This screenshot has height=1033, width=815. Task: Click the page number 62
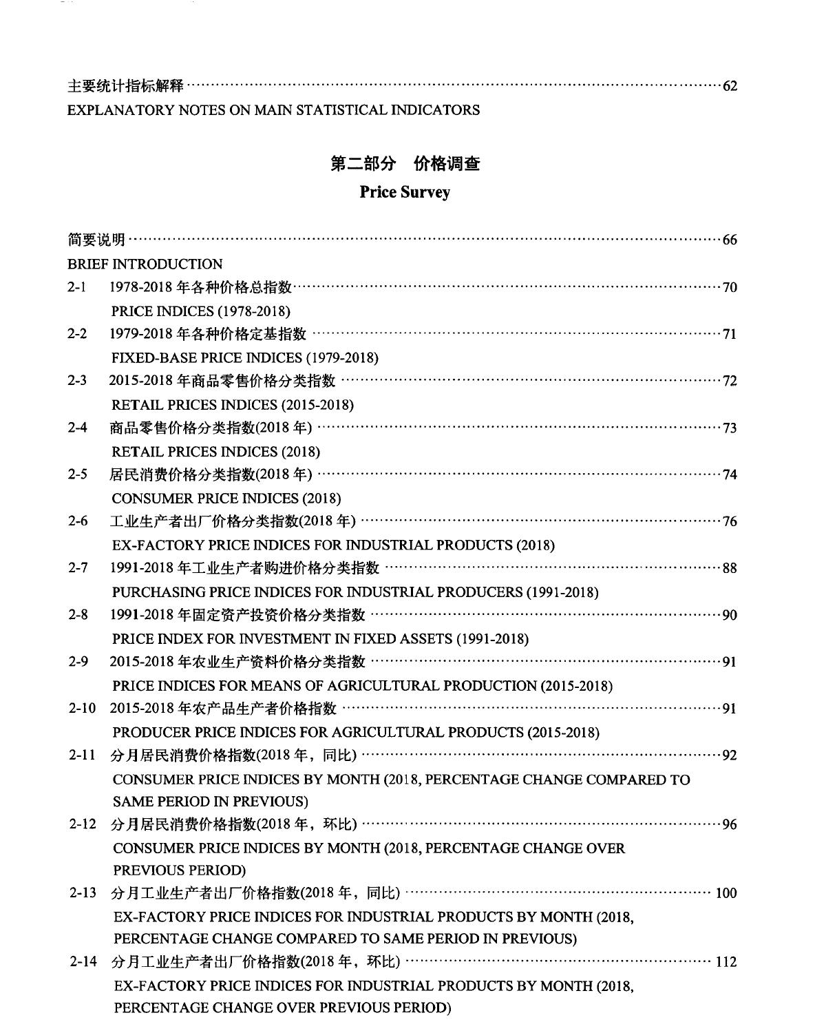click(730, 87)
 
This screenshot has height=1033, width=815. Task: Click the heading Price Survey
click(405, 192)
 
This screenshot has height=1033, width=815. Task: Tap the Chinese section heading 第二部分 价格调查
click(405, 164)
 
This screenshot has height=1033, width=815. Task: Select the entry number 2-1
click(76, 287)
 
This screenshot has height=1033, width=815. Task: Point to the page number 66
click(730, 240)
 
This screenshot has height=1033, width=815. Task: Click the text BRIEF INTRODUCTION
click(145, 264)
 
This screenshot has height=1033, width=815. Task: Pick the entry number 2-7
click(77, 568)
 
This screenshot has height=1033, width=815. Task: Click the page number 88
click(730, 568)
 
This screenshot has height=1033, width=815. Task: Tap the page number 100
click(726, 893)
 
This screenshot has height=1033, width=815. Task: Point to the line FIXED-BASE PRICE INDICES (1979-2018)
click(245, 358)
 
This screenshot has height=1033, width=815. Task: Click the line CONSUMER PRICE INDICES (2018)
click(226, 499)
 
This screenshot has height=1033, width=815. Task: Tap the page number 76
click(730, 521)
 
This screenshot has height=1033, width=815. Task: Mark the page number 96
click(730, 824)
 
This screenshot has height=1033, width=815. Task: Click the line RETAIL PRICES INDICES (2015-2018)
click(233, 405)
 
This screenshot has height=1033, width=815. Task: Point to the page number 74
click(730, 474)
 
